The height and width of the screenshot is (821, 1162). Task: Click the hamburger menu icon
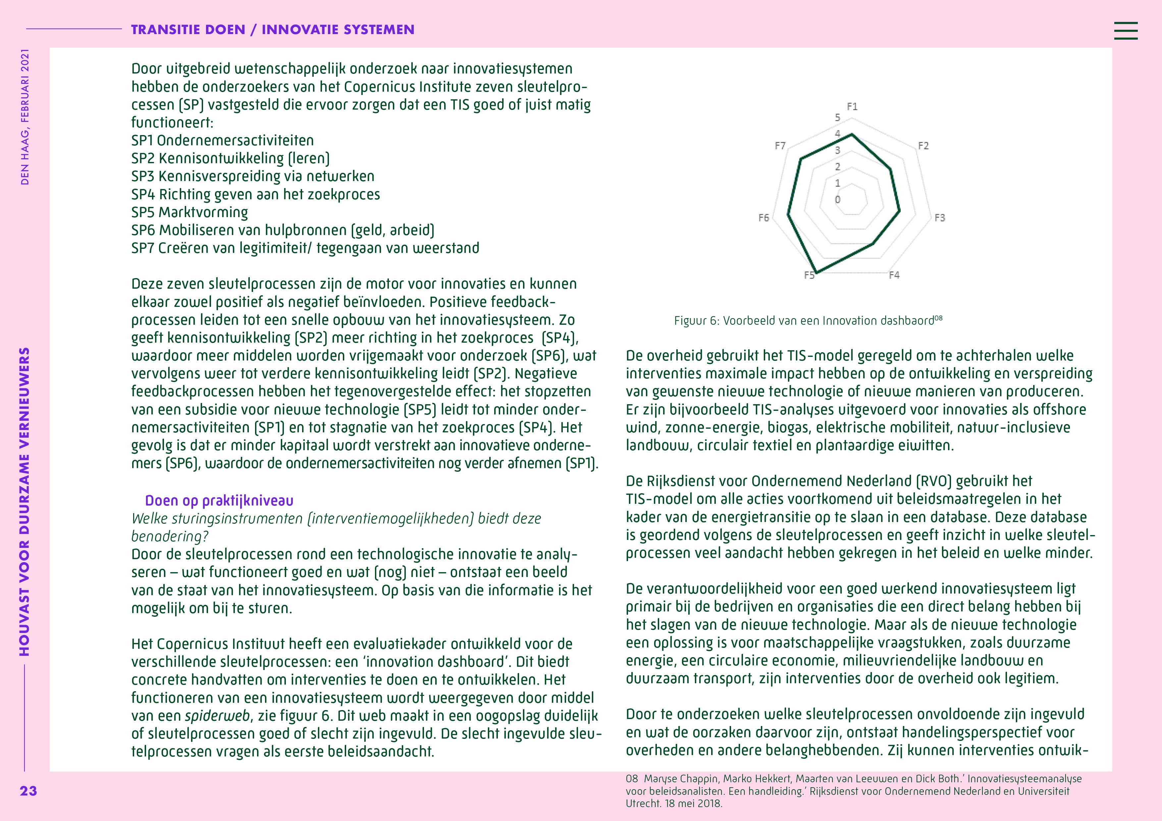[x=1126, y=30]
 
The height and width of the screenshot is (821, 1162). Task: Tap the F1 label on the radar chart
[x=852, y=107]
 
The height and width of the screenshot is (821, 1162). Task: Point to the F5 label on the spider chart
[x=809, y=275]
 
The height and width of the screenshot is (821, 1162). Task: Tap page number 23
[x=28, y=791]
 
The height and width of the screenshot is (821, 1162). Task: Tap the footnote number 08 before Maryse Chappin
[x=632, y=779]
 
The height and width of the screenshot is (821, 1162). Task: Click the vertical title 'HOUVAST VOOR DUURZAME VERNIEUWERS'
[x=24, y=501]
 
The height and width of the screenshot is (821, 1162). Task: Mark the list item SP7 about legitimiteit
[x=305, y=248]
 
